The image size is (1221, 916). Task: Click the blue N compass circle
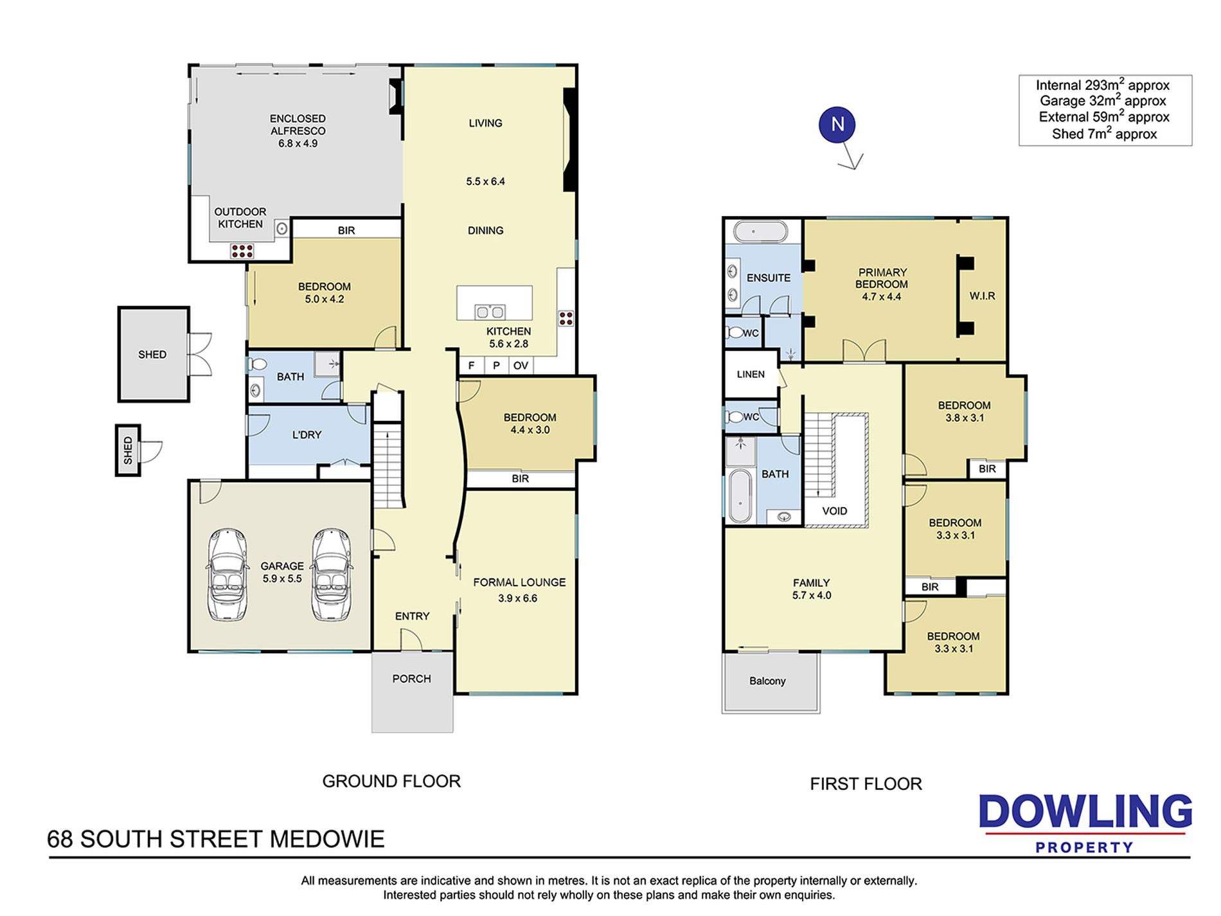click(x=837, y=125)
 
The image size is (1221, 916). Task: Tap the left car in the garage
click(x=227, y=575)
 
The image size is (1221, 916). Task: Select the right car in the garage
click(x=332, y=575)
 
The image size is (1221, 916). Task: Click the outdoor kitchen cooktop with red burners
click(x=242, y=251)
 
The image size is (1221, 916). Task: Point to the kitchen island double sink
click(x=490, y=312)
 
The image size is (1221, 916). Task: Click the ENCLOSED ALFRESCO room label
click(x=298, y=125)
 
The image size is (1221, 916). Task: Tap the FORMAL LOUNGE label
click(x=519, y=582)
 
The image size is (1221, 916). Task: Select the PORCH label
click(x=412, y=679)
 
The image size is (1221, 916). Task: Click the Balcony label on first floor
click(x=767, y=681)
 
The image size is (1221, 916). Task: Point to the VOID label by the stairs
click(x=835, y=511)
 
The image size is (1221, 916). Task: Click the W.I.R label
click(x=982, y=296)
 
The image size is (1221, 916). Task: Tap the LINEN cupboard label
click(x=751, y=374)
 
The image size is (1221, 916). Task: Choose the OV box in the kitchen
click(x=521, y=366)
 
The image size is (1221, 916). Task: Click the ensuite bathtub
click(x=761, y=231)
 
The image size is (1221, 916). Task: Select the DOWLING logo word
click(x=1085, y=811)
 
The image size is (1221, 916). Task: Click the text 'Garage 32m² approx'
click(x=1103, y=100)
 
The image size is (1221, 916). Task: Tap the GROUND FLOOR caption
click(x=391, y=781)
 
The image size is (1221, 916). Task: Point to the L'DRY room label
click(x=307, y=435)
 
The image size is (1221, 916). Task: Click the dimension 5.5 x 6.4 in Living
click(x=485, y=181)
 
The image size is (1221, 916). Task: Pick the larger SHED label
click(x=152, y=354)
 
